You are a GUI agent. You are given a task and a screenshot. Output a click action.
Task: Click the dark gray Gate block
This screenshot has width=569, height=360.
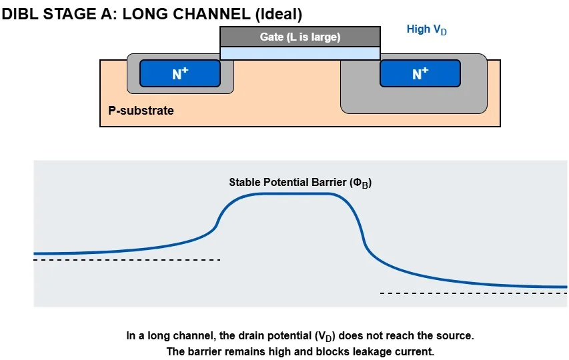point(300,37)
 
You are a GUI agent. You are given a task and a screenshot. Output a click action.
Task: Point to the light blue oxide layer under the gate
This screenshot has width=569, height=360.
point(300,53)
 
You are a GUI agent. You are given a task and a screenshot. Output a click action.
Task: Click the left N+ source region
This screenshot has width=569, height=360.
point(179,74)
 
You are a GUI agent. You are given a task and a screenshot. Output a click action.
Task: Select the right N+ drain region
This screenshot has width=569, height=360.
point(420,74)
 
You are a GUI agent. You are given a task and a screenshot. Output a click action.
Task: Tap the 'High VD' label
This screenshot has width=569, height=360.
point(427,30)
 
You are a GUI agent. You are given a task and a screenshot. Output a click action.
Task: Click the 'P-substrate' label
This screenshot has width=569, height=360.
point(141,111)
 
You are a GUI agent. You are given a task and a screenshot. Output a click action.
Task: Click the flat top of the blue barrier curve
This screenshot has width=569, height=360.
point(294,193)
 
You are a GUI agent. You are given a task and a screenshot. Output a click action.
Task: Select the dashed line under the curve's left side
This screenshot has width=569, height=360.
point(127,259)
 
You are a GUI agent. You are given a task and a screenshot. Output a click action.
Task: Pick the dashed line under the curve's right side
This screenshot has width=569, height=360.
point(474,293)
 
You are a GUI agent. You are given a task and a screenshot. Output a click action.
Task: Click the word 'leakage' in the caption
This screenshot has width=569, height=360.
point(360,351)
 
